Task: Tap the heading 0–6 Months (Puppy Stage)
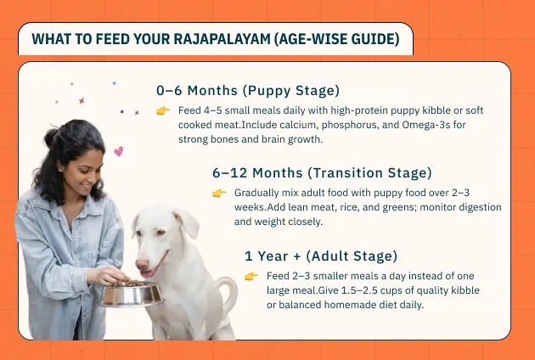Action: [248, 91]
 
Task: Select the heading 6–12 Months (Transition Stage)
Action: [322, 173]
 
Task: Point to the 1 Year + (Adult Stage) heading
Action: [321, 256]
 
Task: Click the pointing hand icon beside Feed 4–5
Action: [163, 111]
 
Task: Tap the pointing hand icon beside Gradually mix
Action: [219, 193]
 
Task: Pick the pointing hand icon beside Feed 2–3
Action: [251, 277]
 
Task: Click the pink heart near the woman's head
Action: [118, 151]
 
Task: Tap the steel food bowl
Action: [132, 294]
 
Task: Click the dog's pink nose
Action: [143, 264]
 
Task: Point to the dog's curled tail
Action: [228, 292]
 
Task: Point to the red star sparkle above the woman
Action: [82, 101]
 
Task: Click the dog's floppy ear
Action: [186, 222]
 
